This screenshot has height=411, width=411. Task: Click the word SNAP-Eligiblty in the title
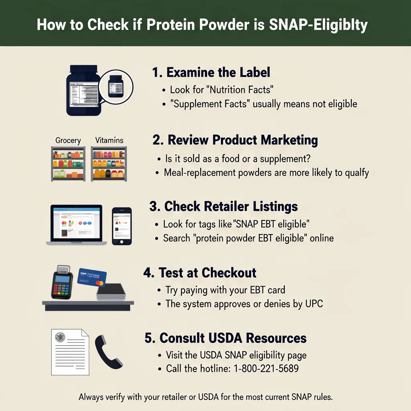tap(318, 25)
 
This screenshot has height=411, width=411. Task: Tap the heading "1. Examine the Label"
tap(211, 72)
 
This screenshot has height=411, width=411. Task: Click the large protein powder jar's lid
tap(83, 69)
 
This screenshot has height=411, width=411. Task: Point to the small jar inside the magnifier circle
tap(116, 86)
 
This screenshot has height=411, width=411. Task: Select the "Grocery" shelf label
tap(68, 140)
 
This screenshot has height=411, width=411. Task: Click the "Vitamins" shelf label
tap(109, 140)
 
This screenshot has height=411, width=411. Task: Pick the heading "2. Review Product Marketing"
tap(235, 140)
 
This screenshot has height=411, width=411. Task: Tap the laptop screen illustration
tap(76, 223)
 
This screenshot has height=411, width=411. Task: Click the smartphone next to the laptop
tap(122, 226)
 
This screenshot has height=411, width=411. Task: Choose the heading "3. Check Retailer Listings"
tap(224, 206)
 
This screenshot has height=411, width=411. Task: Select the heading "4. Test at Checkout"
tap(200, 273)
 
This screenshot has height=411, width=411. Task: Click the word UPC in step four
tap(314, 304)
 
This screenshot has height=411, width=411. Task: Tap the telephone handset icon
tap(108, 352)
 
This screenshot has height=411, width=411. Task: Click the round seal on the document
tap(60, 337)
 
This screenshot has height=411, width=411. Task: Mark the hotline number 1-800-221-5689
tap(266, 368)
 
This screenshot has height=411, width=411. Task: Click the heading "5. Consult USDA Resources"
tap(226, 338)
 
